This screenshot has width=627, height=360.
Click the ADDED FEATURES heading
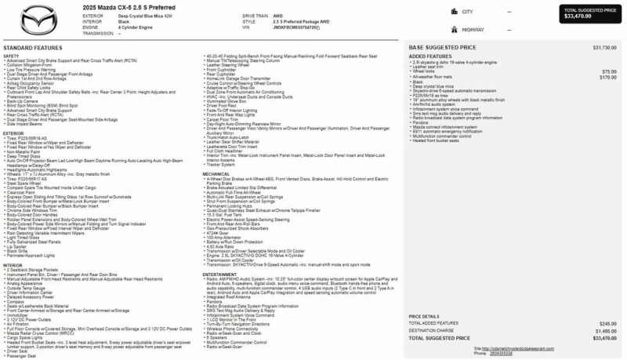[429, 56]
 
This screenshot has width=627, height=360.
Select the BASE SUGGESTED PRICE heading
[444, 49]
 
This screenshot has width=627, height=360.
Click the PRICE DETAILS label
[427, 316]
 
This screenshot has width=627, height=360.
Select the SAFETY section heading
[11, 56]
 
